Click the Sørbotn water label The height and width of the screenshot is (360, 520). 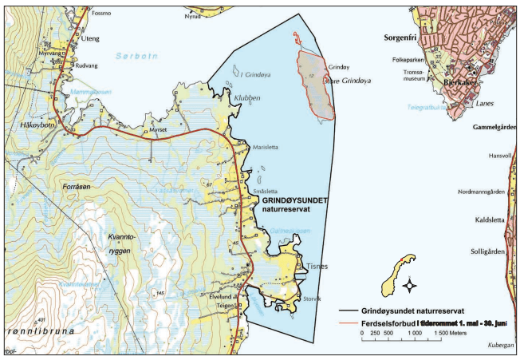[x=132, y=57]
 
